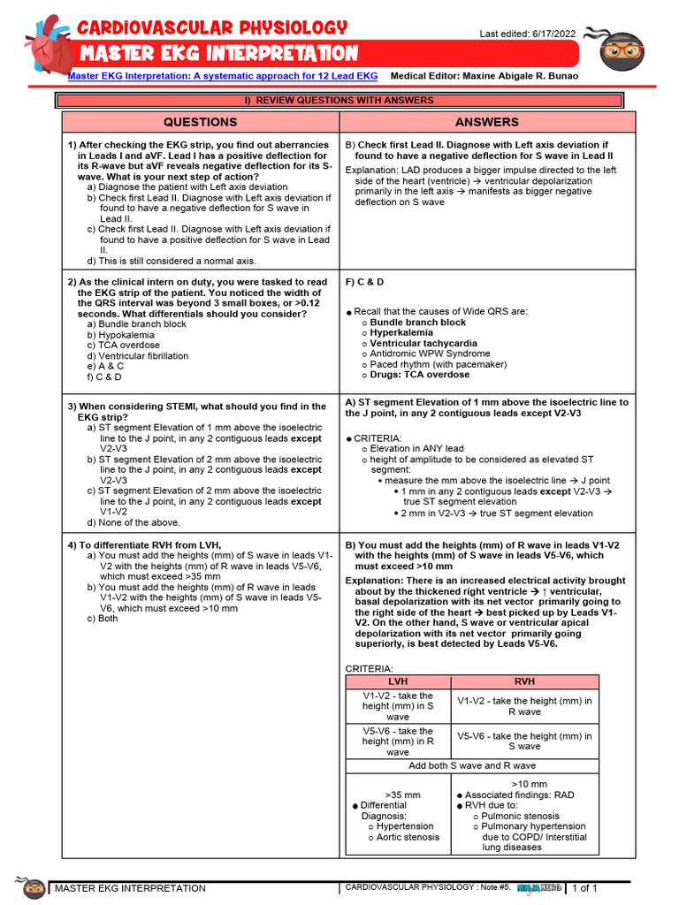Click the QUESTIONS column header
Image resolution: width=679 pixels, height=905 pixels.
(201, 122)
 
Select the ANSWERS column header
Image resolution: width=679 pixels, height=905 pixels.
(487, 122)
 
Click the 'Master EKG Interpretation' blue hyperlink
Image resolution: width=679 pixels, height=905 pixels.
(223, 77)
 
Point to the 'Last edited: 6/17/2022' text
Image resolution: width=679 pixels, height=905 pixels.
(527, 34)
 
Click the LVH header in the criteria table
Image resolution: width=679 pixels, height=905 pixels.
(398, 681)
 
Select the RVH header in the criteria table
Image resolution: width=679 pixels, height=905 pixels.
(524, 681)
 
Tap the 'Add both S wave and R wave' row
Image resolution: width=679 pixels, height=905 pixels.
(472, 765)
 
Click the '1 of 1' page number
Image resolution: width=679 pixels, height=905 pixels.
(586, 888)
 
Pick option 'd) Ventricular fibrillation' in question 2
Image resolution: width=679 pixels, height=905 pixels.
(137, 356)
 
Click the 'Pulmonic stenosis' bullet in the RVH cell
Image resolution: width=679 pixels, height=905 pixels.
(521, 816)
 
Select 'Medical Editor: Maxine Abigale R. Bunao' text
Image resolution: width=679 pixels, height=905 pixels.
(484, 77)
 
